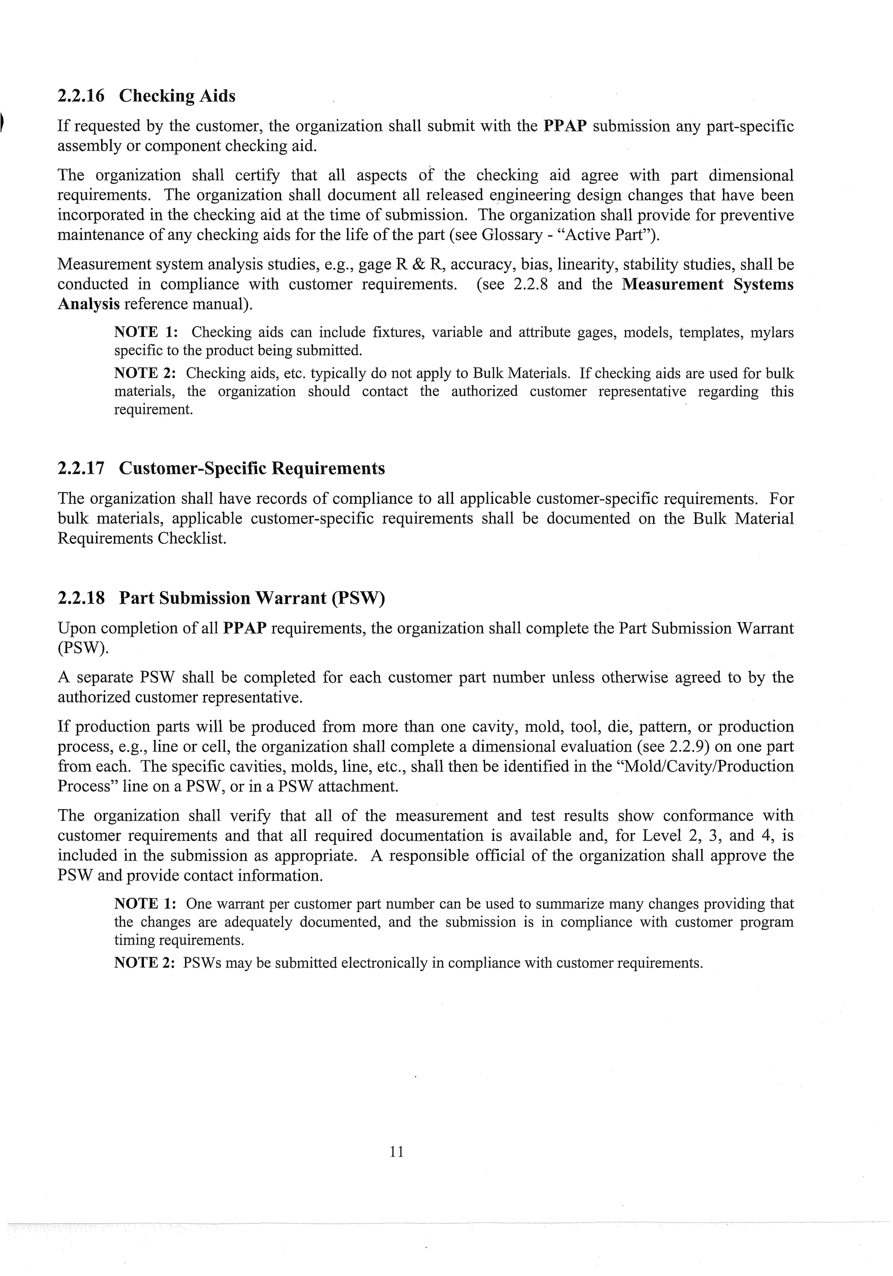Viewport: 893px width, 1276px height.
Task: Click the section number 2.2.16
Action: click(81, 96)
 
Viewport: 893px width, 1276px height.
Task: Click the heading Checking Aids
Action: click(177, 96)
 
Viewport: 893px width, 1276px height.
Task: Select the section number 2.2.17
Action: click(81, 469)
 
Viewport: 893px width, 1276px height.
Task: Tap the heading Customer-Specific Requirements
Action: click(252, 469)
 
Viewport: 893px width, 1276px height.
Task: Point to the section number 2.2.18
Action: click(81, 598)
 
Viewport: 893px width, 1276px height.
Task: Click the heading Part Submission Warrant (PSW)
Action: click(252, 598)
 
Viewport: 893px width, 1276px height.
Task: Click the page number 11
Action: click(396, 1151)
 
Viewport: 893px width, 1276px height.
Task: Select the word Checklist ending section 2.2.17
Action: click(191, 538)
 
